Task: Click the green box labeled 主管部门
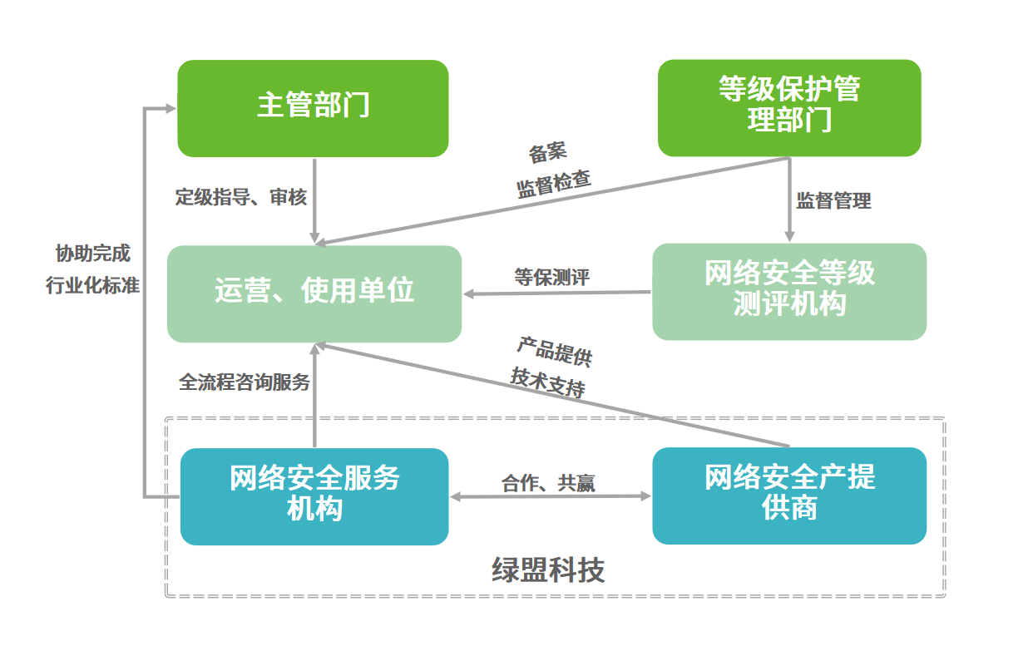pos(313,107)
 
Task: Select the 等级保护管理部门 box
pos(788,107)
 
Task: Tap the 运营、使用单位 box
pos(314,293)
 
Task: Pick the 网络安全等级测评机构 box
pos(788,291)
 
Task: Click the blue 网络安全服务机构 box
pos(314,496)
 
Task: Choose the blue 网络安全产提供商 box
pos(788,496)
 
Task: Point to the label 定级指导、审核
pos(240,197)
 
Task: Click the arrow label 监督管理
pos(833,200)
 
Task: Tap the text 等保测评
pos(551,277)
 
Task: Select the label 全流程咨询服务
pos(245,382)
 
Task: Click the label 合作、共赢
pos(548,483)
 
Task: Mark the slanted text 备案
pos(547,153)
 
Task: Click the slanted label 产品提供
pos(555,352)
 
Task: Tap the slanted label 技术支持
pos(548,382)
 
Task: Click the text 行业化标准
pos(92,285)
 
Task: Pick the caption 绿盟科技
pos(548,570)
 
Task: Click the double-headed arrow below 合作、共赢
pos(550,497)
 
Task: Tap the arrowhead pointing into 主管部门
pos(170,108)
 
